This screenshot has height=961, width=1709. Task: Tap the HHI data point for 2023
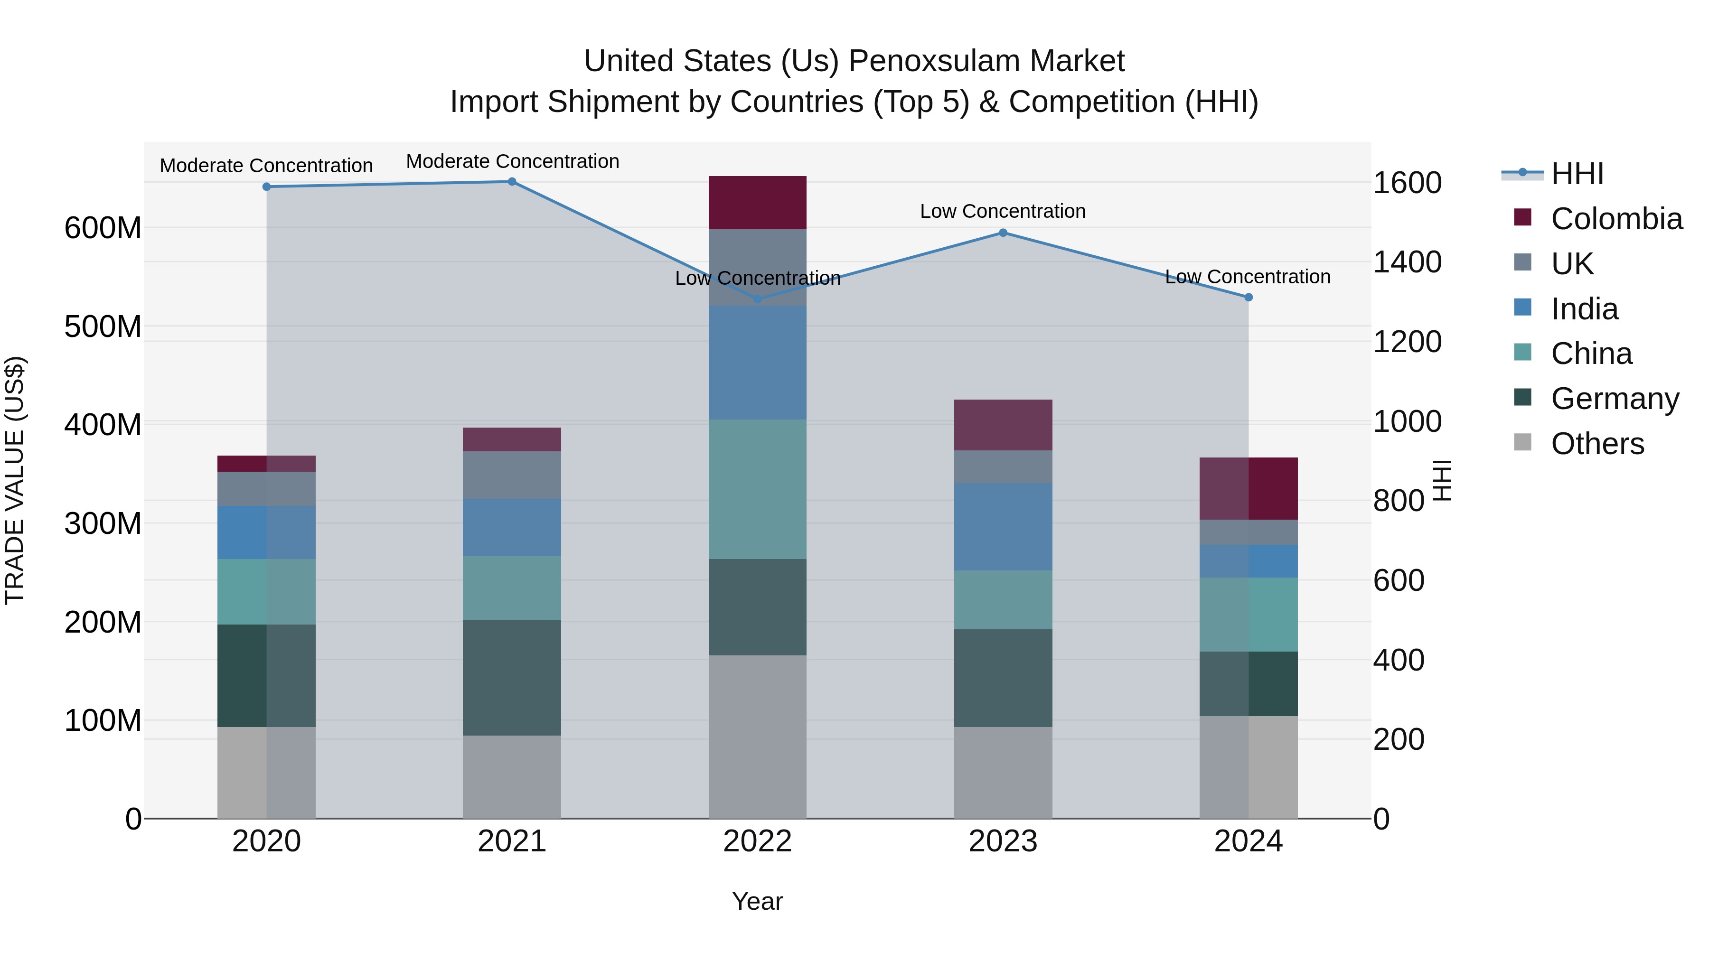(1003, 233)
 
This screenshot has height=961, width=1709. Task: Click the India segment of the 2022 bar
(757, 362)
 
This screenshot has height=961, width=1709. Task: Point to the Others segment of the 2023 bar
(1003, 772)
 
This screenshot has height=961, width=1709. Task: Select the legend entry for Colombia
(1615, 219)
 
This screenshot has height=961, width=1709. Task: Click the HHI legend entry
(1577, 174)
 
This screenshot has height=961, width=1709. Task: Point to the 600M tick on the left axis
(103, 228)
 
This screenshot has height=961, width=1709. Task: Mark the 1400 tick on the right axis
(1407, 262)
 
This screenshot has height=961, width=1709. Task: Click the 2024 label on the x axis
(1248, 841)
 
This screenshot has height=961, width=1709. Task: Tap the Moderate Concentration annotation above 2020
(266, 166)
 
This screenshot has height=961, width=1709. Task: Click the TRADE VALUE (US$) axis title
(15, 480)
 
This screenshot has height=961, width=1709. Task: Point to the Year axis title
(757, 901)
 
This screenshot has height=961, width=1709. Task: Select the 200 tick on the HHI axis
(1399, 739)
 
